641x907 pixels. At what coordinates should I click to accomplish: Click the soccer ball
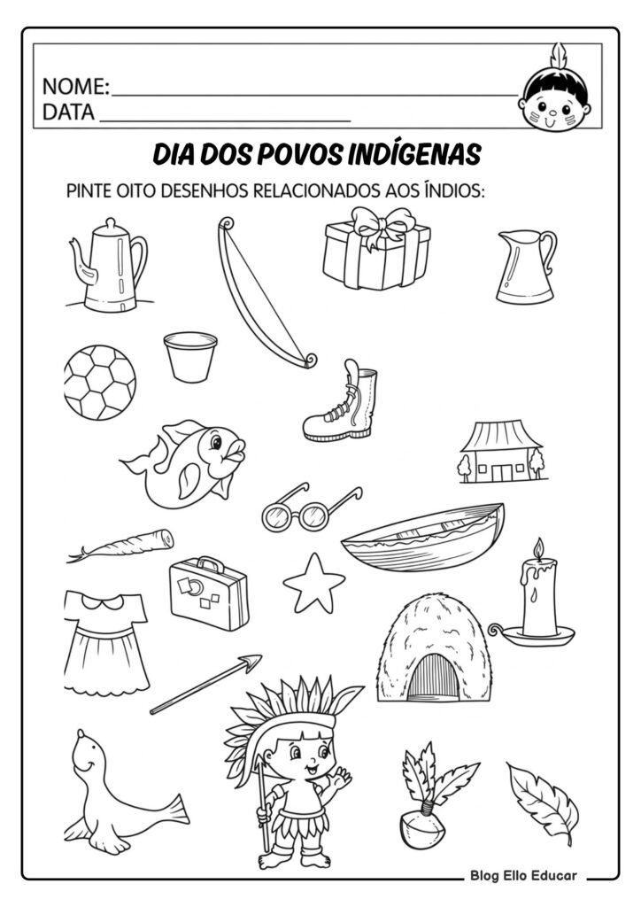point(100,382)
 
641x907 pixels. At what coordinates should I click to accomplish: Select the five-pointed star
point(313,582)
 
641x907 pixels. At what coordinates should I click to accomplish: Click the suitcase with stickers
point(208,593)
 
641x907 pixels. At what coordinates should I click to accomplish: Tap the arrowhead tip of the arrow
point(253,661)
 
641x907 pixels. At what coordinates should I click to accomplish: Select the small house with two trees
point(500,452)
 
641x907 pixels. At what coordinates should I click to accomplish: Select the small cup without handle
point(190,353)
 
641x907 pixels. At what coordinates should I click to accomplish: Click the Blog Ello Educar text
point(523,876)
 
